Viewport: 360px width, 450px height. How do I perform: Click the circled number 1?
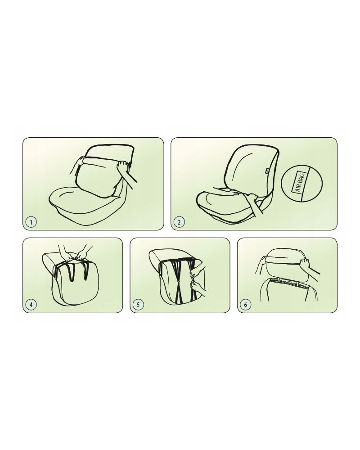click(x=31, y=222)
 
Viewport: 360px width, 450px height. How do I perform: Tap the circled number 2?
click(x=179, y=222)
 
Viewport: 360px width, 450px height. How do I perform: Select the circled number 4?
click(x=31, y=305)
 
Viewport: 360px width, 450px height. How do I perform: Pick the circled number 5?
click(x=138, y=305)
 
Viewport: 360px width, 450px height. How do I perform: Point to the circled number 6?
click(x=245, y=305)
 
